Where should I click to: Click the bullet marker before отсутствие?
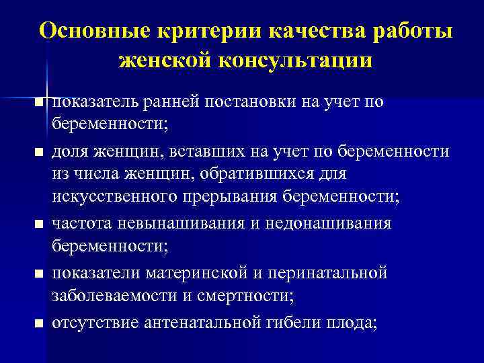coord(40,323)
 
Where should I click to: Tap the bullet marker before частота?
coord(40,223)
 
